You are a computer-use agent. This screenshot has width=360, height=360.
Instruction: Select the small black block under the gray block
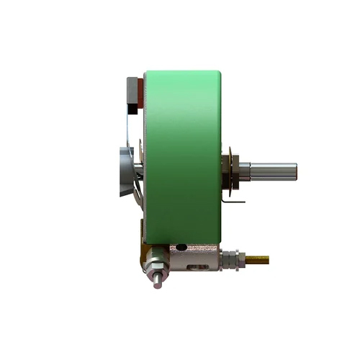tap(135, 109)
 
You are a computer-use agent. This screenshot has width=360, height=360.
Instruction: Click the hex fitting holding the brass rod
tap(230, 256)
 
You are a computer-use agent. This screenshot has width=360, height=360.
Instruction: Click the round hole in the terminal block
tap(181, 248)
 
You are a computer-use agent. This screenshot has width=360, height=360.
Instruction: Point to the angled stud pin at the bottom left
tap(156, 279)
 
